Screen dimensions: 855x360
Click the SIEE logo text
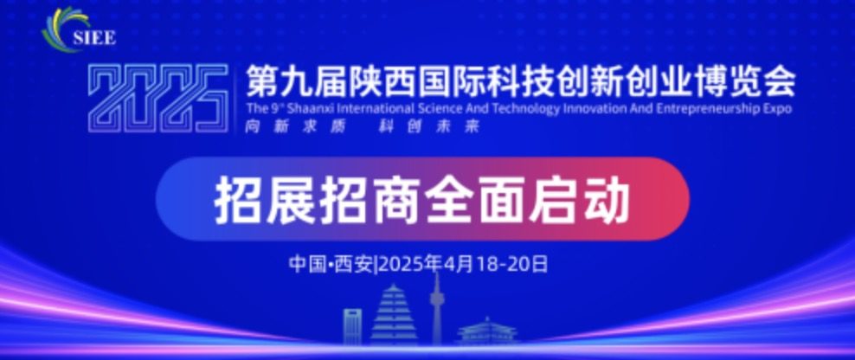pyautogui.click(x=93, y=38)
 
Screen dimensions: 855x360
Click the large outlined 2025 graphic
pyautogui.click(x=158, y=99)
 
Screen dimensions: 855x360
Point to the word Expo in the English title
pyautogui.click(x=778, y=108)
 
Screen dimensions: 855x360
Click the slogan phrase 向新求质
pyautogui.click(x=295, y=126)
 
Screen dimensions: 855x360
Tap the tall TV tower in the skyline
pyautogui.click(x=436, y=308)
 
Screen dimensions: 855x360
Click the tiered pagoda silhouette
pyautogui.click(x=394, y=315)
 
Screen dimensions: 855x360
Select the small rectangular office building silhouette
pyautogui.click(x=352, y=326)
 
